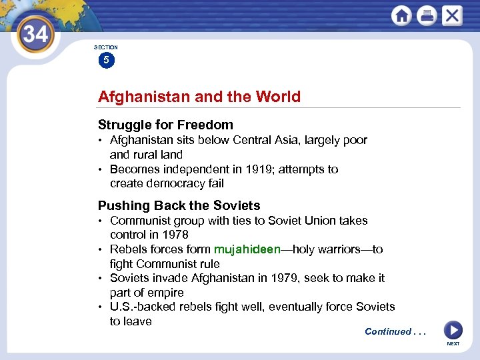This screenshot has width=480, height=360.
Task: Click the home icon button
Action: click(401, 16)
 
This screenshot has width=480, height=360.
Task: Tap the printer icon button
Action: click(427, 16)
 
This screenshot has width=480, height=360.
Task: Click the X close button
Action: click(452, 16)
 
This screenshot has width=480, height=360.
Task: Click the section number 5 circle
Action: click(106, 61)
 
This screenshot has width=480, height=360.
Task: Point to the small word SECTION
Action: click(106, 47)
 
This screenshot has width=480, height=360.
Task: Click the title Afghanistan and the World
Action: click(199, 97)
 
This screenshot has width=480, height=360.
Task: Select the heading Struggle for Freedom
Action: click(165, 125)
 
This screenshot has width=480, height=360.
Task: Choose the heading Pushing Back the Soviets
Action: click(179, 205)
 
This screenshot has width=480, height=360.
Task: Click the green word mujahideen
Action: click(247, 249)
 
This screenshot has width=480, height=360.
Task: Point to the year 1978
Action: click(175, 235)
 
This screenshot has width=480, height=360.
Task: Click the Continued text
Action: click(388, 331)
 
